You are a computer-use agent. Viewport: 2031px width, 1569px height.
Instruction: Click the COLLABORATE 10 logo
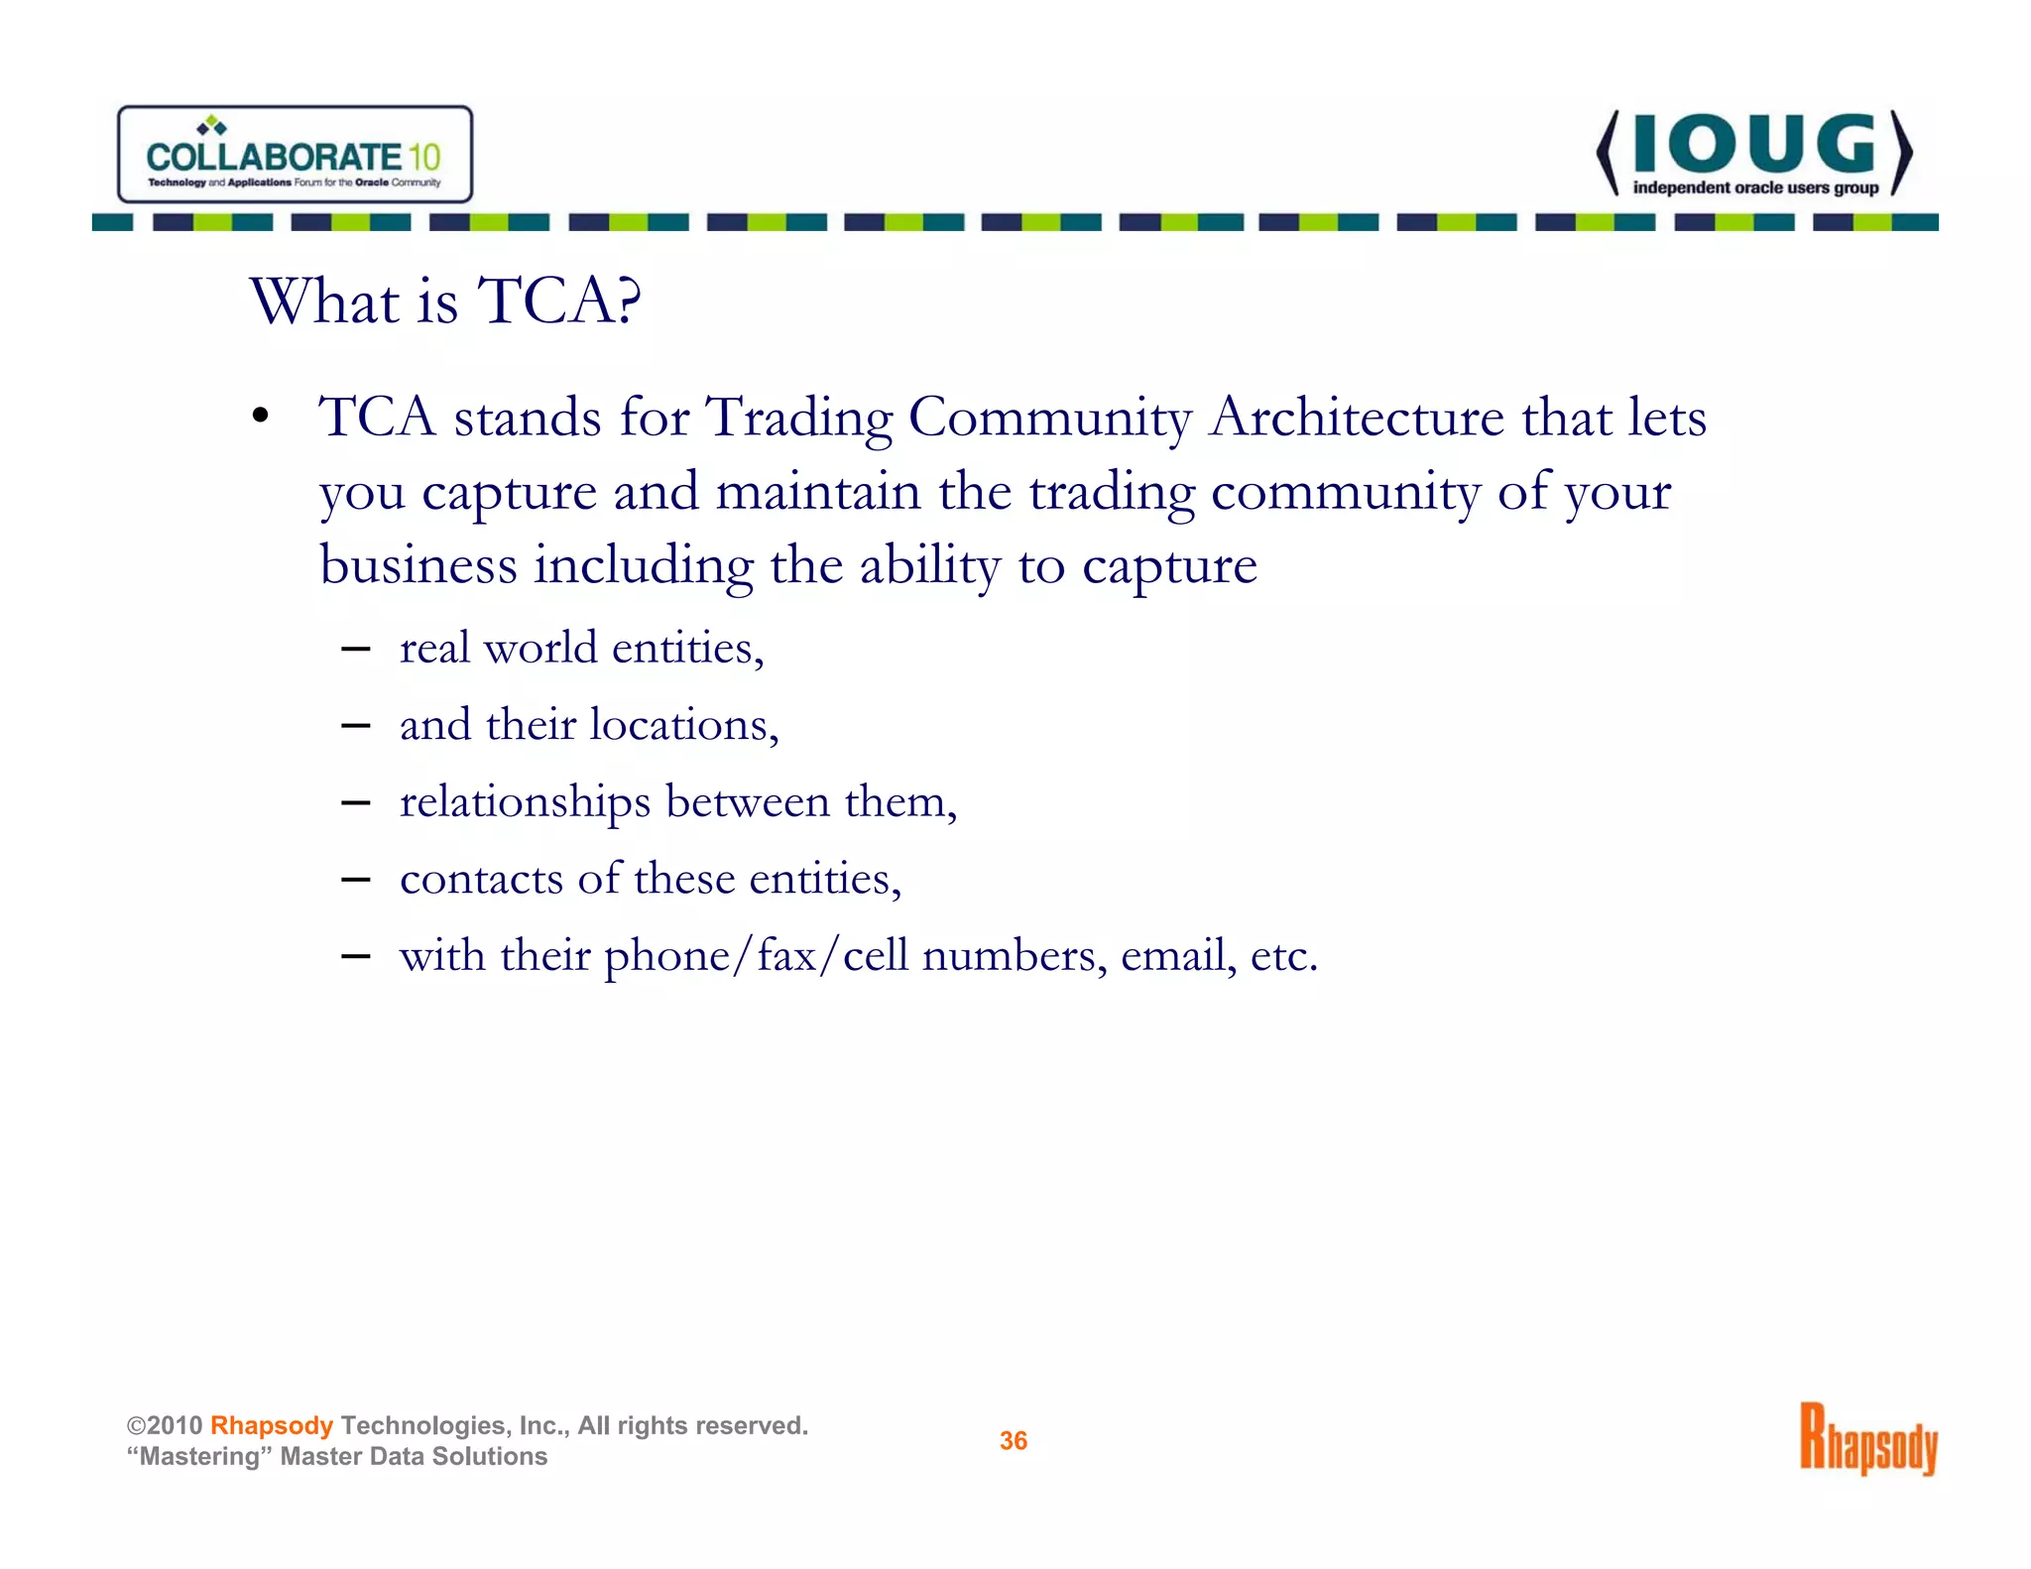point(295,155)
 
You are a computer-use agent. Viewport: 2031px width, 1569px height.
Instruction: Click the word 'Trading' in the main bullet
point(798,417)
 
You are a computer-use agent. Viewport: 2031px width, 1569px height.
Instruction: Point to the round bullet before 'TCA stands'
point(260,417)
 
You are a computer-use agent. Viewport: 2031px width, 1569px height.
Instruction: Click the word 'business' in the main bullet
point(418,565)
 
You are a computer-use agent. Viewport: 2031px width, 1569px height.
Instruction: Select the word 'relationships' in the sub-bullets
point(525,801)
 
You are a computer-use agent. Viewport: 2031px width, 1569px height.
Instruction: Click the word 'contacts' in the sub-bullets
point(481,879)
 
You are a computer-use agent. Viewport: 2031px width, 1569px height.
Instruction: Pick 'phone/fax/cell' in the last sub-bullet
point(756,956)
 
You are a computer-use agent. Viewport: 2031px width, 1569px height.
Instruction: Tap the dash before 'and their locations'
point(355,726)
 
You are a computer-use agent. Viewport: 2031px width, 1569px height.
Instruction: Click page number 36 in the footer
point(1013,1440)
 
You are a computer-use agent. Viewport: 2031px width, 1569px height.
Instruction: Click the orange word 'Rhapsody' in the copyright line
point(271,1425)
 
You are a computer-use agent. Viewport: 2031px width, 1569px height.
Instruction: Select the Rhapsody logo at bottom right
point(1868,1439)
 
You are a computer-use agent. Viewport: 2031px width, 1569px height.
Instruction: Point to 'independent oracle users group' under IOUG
point(1755,187)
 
